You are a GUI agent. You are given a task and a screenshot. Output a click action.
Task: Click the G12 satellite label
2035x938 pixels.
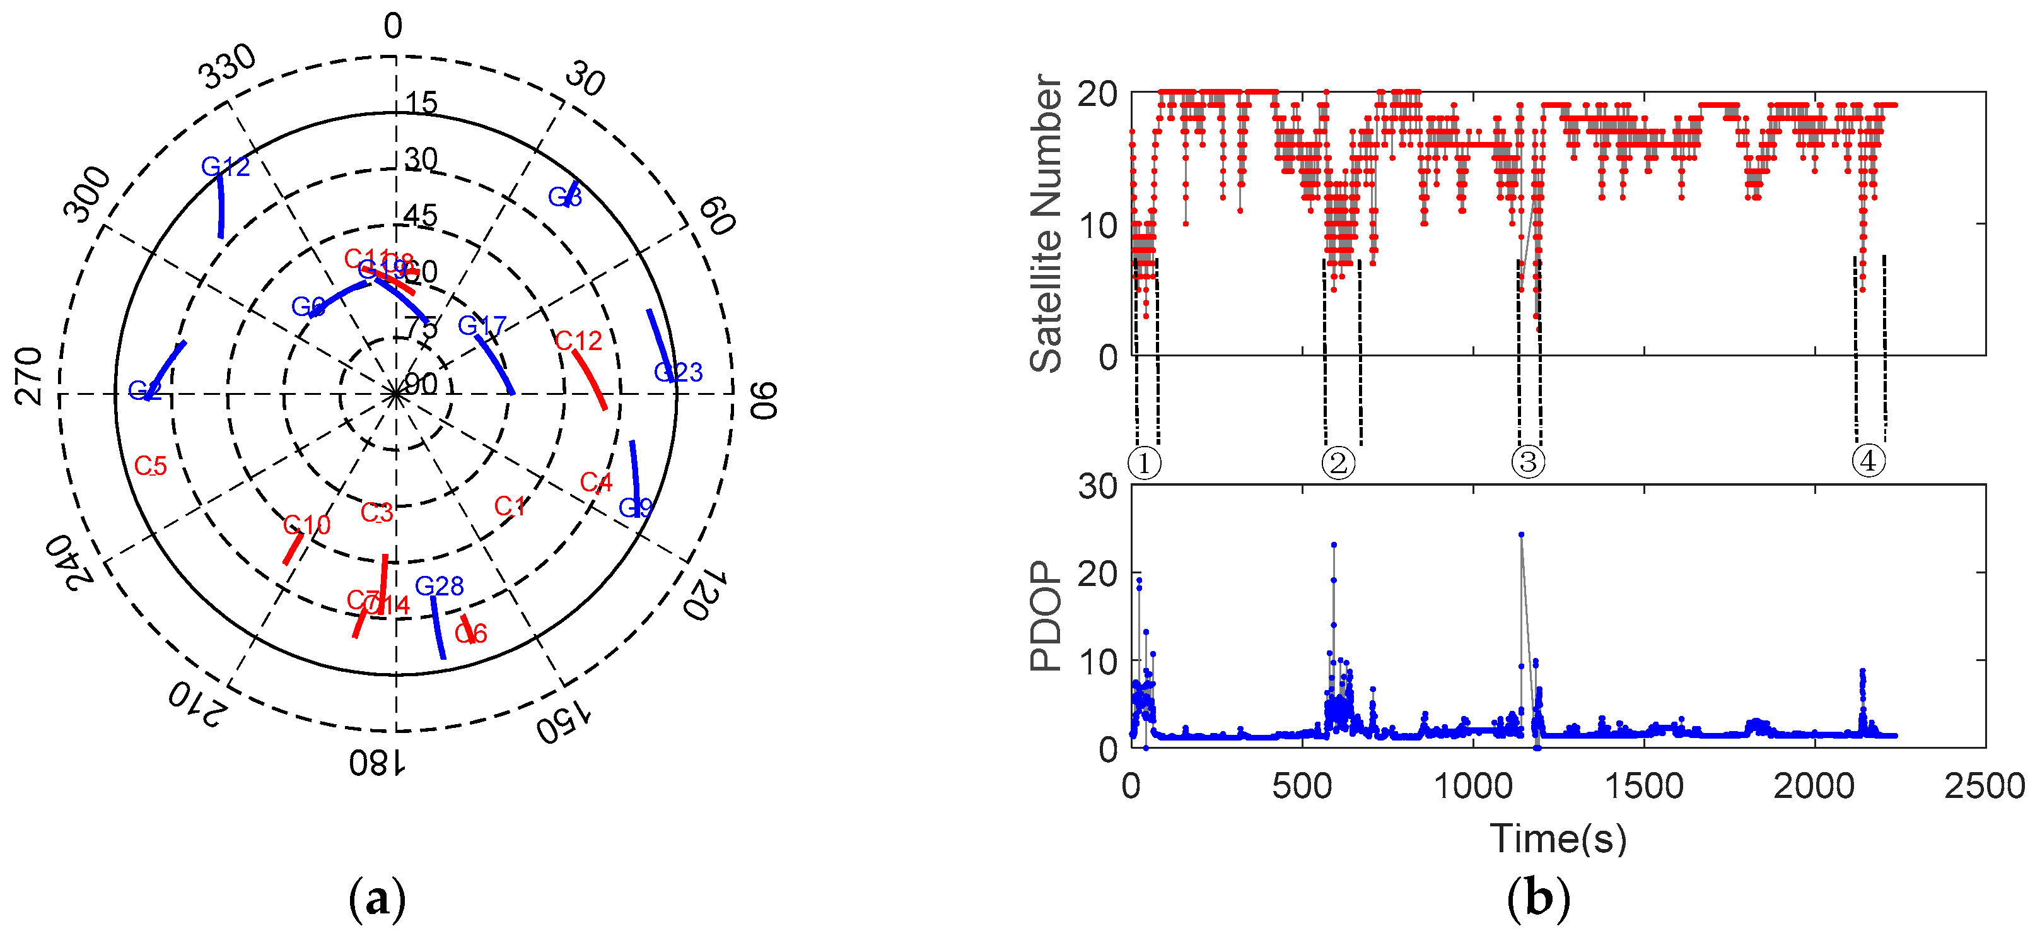(x=225, y=167)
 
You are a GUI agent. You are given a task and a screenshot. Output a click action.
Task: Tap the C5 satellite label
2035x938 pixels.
(x=150, y=466)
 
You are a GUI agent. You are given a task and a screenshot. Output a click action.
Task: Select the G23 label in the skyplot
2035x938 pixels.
(x=678, y=372)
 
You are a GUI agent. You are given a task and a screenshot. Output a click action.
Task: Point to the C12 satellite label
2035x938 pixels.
(x=578, y=341)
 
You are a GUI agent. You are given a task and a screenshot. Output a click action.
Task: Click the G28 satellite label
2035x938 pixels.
(x=440, y=587)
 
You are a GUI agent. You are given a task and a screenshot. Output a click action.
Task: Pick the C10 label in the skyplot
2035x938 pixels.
(x=306, y=525)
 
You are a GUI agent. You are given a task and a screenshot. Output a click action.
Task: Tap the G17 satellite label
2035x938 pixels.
(x=482, y=325)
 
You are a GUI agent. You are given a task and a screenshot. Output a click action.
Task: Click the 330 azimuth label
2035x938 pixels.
(x=228, y=66)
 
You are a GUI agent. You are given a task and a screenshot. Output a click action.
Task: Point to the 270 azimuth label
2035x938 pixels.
(x=30, y=375)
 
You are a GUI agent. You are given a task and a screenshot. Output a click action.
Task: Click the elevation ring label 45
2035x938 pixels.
(x=420, y=216)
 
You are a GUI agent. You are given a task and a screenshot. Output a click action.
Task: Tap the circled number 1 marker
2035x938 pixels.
(x=1144, y=462)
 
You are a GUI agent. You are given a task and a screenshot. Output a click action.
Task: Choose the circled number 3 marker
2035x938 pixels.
(x=1528, y=462)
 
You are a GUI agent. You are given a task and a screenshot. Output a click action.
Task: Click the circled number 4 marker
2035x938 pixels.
(x=1869, y=460)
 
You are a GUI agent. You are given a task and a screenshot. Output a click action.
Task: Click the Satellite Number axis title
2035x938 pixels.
(x=1046, y=224)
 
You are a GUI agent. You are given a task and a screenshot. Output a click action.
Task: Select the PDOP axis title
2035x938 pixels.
(x=1046, y=616)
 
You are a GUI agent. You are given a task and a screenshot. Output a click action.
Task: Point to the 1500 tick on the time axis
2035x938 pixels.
(x=1644, y=787)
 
